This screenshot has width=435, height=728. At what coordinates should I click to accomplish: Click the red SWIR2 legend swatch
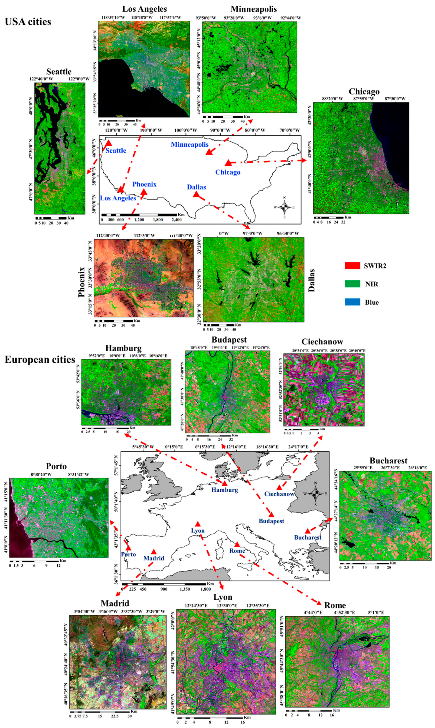(352, 265)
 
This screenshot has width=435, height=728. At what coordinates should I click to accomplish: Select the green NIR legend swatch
(352, 284)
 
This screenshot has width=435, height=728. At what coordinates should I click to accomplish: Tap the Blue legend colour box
(352, 302)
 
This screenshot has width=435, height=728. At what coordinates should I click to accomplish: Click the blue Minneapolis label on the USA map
(190, 144)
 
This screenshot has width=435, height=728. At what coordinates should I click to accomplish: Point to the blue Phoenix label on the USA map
(145, 184)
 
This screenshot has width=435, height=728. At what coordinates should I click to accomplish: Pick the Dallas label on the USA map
(196, 187)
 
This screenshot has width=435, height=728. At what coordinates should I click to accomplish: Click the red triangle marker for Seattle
(108, 143)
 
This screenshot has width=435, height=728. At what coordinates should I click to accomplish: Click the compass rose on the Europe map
(315, 493)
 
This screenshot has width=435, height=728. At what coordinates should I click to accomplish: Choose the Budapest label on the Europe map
(271, 521)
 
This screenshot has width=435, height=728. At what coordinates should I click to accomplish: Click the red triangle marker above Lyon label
(198, 524)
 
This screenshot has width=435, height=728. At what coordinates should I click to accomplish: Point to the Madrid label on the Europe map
(154, 558)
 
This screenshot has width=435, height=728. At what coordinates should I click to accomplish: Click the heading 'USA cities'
(28, 22)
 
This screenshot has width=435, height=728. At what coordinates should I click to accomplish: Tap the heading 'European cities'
(40, 360)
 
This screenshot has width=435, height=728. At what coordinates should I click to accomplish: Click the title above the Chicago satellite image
(364, 91)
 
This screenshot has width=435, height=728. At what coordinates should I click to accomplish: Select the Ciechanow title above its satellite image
(322, 342)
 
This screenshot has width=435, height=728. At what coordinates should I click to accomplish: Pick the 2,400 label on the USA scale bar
(176, 220)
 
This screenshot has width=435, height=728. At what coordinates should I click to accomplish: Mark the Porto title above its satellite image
(56, 466)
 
